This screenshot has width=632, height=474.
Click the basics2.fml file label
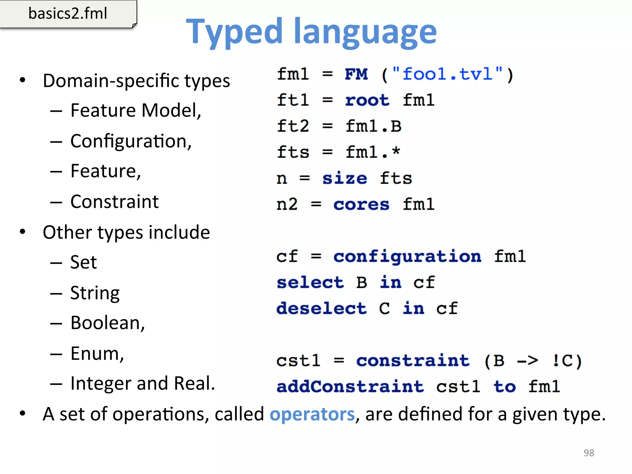click(x=68, y=14)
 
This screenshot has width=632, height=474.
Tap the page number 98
click(x=589, y=453)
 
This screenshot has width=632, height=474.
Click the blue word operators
click(x=312, y=414)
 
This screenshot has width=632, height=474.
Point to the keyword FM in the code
click(x=356, y=74)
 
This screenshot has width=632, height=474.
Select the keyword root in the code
click(x=367, y=100)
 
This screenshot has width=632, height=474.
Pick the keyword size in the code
click(x=345, y=178)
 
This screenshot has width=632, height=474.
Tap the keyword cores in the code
click(x=361, y=204)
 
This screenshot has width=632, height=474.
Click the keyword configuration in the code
click(x=407, y=256)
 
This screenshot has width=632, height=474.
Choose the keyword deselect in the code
click(x=322, y=308)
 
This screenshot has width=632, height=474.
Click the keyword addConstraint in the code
click(x=350, y=387)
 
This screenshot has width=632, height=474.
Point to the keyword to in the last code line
click(x=505, y=387)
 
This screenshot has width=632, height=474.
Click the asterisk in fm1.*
click(x=396, y=151)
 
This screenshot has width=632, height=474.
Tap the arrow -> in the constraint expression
click(x=527, y=360)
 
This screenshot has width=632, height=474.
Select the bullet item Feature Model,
click(x=136, y=110)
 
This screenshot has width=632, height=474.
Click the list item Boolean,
click(x=107, y=323)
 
